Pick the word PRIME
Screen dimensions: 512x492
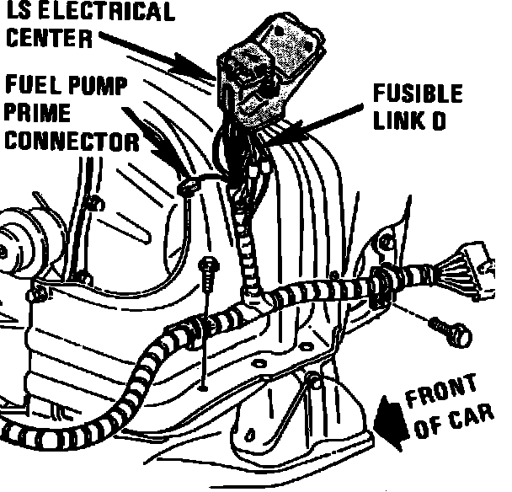pyautogui.click(x=40, y=112)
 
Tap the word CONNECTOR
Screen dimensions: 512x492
pyautogui.click(x=71, y=139)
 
